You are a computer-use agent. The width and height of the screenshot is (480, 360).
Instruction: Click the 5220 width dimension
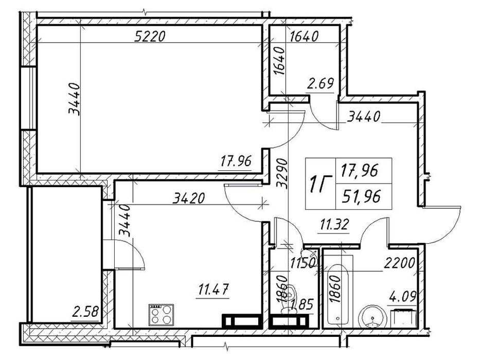(x=150, y=37)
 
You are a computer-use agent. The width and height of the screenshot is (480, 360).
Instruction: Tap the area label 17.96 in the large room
(x=236, y=161)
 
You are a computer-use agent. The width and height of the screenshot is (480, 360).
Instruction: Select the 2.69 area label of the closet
(x=320, y=83)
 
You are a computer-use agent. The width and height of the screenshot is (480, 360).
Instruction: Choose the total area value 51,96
(x=362, y=196)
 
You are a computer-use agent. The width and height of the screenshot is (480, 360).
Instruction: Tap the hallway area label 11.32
(x=334, y=225)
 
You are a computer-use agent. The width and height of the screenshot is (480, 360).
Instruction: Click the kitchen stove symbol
(x=161, y=315)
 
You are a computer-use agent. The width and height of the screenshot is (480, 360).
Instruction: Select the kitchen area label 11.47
(x=214, y=289)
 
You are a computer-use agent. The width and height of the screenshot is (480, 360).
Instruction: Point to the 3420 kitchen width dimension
(x=189, y=199)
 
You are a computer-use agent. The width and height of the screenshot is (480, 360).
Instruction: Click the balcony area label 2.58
(x=85, y=313)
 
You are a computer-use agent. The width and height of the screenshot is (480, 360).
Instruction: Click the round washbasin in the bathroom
(x=372, y=316)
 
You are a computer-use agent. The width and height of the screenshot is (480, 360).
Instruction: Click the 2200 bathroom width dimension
(x=399, y=263)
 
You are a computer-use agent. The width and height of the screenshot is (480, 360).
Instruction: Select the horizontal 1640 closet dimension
(x=304, y=37)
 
